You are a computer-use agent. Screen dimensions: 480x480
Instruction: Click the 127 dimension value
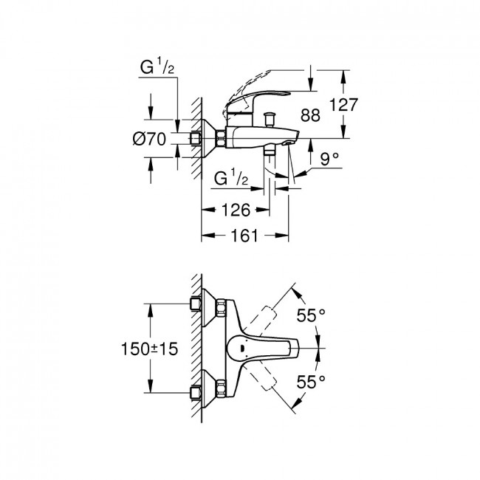343,105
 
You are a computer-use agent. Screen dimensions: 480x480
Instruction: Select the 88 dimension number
310,115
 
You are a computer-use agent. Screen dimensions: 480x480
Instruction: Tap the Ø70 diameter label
149,140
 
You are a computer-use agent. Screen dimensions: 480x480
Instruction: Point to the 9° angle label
329,159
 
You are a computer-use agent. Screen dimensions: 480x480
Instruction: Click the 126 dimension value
236,210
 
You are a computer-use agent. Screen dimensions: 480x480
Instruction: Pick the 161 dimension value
244,236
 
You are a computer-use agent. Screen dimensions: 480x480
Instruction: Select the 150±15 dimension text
150,349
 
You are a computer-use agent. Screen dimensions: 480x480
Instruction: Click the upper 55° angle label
311,315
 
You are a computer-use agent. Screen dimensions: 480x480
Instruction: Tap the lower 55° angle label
311,382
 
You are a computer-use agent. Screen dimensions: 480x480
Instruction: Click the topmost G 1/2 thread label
157,67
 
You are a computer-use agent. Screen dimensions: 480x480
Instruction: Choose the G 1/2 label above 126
231,178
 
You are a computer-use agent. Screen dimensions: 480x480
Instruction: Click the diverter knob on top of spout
270,120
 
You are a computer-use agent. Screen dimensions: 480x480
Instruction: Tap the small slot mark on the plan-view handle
242,349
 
